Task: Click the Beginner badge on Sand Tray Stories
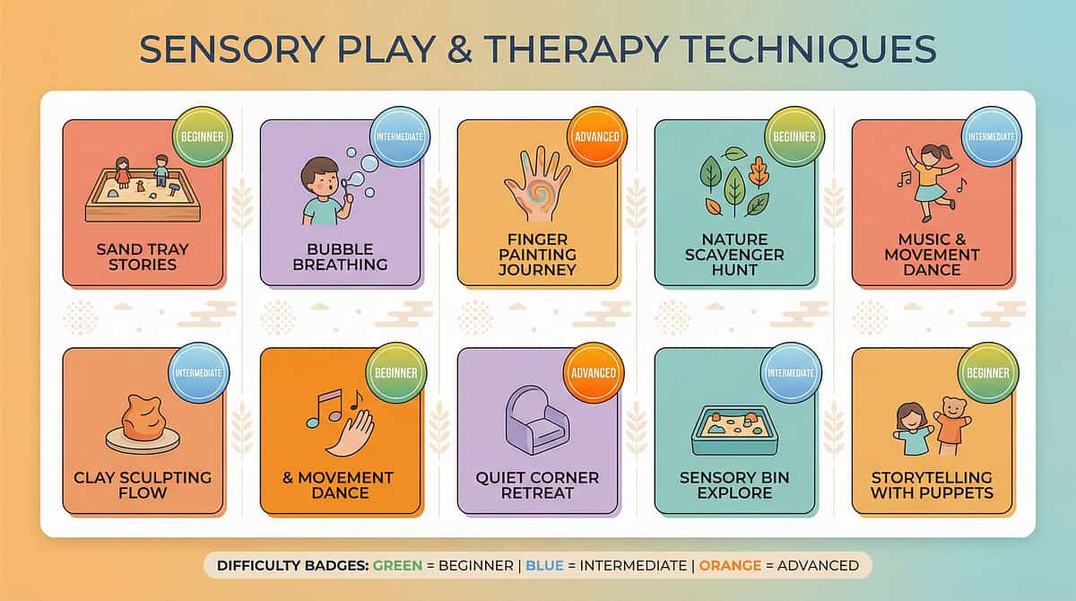203,136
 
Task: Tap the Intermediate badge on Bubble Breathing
400,136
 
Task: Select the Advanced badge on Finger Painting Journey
597,136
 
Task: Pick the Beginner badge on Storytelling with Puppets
988,372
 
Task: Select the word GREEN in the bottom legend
398,565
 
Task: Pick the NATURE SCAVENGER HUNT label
734,255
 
